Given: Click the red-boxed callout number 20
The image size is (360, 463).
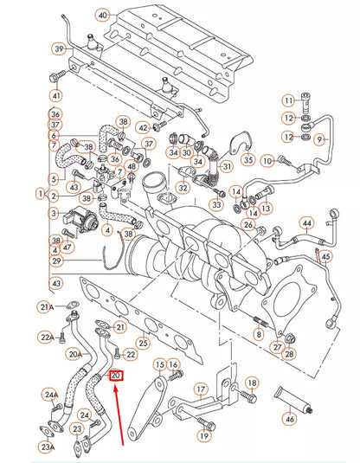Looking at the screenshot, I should pos(116,376).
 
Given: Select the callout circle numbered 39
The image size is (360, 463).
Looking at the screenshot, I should pos(58,49).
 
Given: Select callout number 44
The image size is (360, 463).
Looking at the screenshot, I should pos(305,224).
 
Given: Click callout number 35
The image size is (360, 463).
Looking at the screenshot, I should pos(247,159).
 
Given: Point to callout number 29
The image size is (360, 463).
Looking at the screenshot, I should pos(57,260).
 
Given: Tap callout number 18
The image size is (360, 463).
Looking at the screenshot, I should pos(252,383).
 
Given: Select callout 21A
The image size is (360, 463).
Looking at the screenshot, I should pos(47,306).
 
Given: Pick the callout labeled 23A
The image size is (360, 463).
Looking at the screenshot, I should pos(47,447).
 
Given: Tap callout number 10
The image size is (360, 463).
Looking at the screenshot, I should pos(267,160).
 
